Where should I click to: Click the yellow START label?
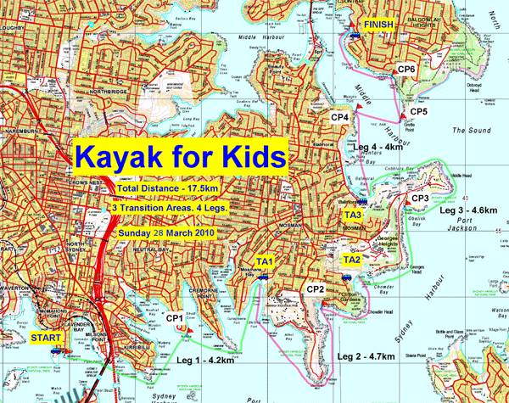tap(46, 338)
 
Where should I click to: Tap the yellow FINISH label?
tap(378, 25)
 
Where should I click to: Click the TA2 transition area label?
tap(352, 259)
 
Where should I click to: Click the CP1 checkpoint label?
tap(176, 318)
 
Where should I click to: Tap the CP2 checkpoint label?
tap(316, 289)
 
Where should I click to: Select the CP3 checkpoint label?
tap(420, 198)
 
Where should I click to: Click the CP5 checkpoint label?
tap(418, 111)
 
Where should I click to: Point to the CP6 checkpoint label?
tap(406, 68)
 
